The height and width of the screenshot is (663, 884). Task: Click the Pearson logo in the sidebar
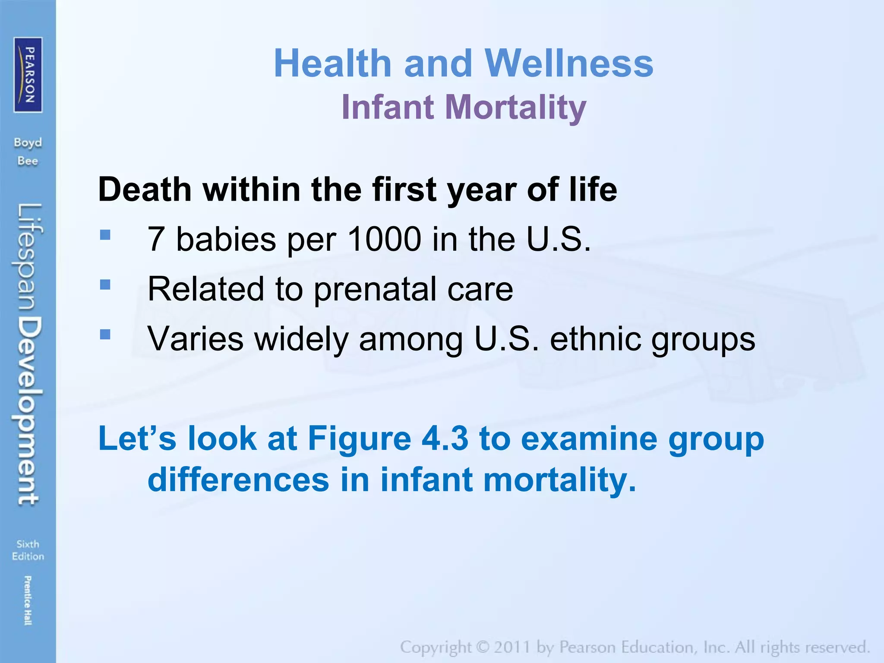tap(28, 75)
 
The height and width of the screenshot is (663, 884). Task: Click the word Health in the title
tap(332, 63)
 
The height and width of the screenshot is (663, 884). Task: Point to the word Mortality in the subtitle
tap(515, 107)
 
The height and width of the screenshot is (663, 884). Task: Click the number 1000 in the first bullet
tap(384, 239)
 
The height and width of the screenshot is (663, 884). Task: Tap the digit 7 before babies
tap(155, 239)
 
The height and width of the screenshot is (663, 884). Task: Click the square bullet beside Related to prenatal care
tap(105, 284)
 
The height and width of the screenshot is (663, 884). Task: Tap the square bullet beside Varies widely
tap(105, 335)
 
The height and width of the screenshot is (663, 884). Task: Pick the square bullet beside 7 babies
tap(105, 235)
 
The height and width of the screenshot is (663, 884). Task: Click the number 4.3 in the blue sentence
tap(445, 439)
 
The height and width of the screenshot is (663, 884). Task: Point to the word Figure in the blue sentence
tap(359, 439)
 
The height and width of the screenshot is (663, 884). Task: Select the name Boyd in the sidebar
tap(28, 142)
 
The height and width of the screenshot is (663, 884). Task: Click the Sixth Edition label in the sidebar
tap(28, 550)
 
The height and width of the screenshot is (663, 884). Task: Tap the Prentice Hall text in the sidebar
tap(28, 600)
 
